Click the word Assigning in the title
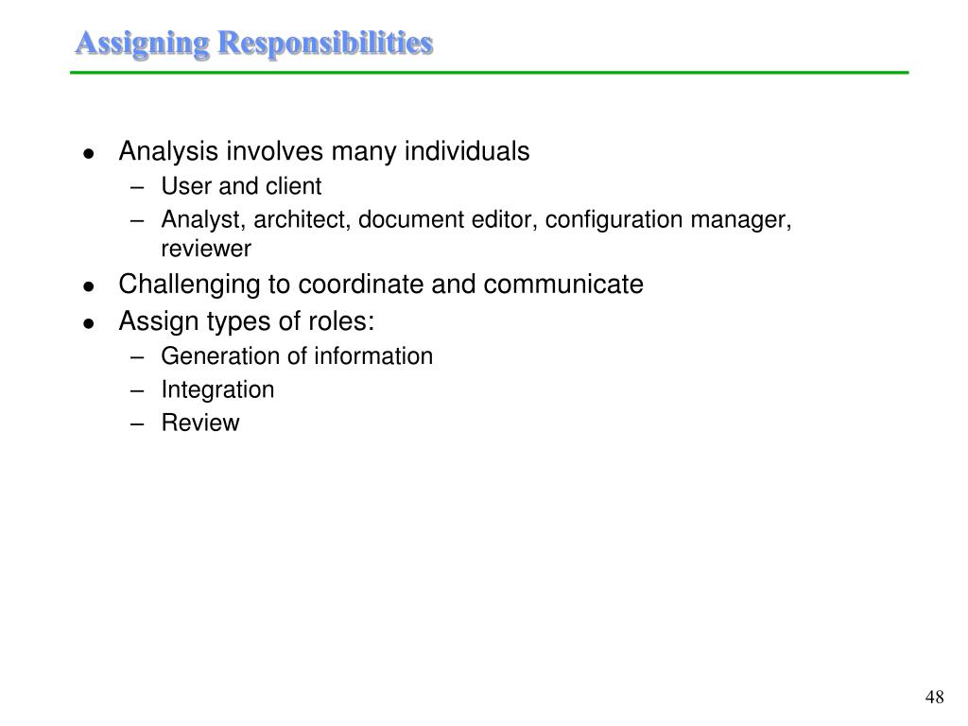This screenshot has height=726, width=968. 143,43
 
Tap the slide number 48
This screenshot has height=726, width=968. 935,698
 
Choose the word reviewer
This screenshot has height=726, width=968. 206,250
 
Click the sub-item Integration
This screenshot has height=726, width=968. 217,389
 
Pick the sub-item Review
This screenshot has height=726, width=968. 200,423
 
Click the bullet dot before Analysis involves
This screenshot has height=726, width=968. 88,153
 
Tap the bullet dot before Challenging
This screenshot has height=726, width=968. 88,286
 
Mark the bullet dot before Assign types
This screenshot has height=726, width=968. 88,324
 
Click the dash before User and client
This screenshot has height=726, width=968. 139,187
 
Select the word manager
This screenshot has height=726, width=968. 740,220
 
